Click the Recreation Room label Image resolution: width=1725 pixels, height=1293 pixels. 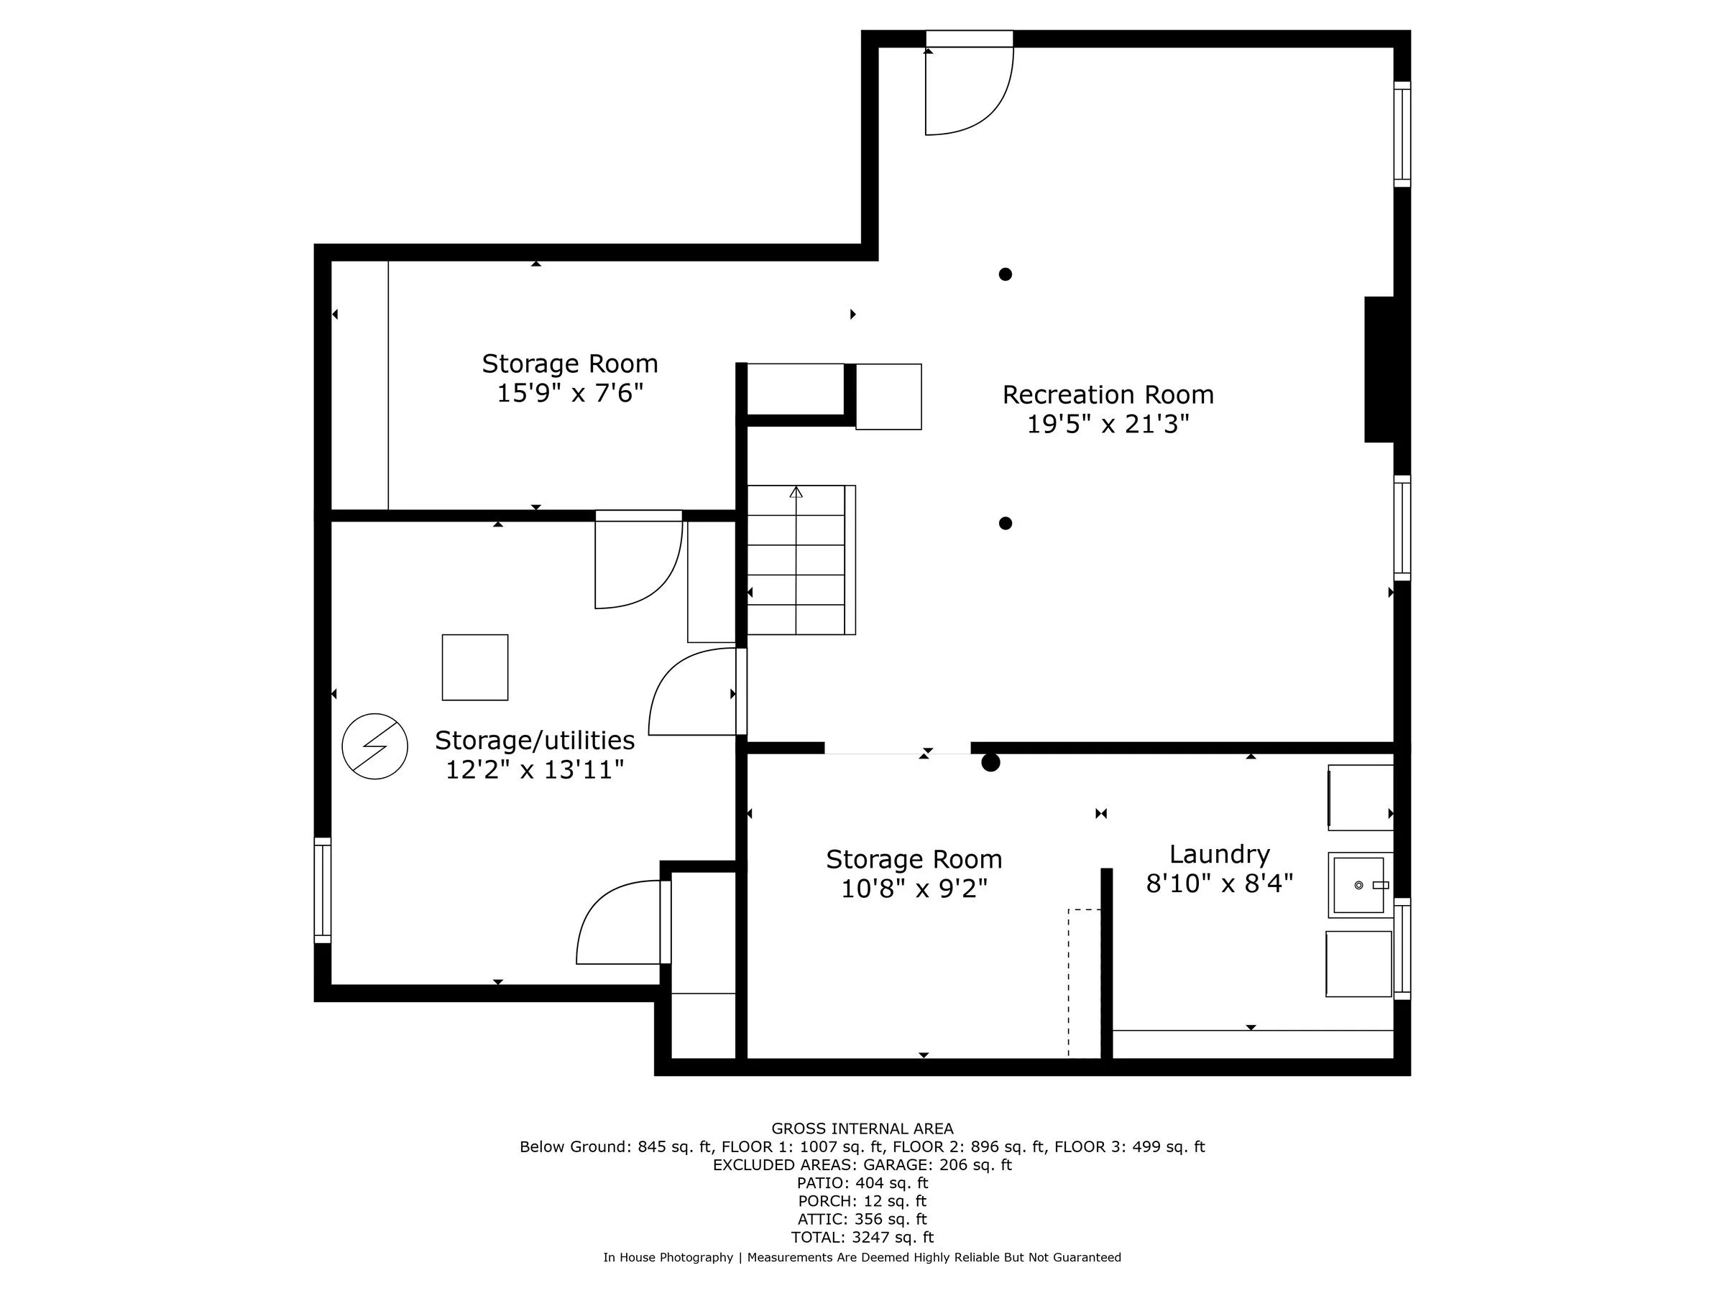pos(1108,394)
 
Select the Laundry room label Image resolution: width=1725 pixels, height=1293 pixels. pos(1219,854)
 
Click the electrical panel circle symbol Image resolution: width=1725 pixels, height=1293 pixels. pos(374,746)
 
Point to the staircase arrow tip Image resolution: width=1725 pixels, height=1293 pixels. pos(796,491)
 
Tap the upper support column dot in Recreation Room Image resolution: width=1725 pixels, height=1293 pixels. pos(1006,274)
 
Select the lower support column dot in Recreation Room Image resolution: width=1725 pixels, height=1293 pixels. pos(1006,524)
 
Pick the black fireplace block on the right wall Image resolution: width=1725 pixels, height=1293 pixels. pos(1379,369)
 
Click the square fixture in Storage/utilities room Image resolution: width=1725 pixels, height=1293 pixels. pos(475,667)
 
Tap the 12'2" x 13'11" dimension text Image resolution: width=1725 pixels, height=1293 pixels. pos(534,770)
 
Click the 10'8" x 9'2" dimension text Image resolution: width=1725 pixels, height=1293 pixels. pos(914,889)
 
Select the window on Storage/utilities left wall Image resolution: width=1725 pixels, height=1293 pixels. pos(322,890)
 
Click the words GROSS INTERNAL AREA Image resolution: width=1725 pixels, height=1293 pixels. pos(862,1129)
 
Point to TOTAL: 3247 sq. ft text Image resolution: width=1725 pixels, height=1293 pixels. pos(862,1237)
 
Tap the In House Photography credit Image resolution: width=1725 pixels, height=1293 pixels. pos(668,1257)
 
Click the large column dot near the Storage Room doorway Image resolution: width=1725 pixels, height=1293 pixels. pos(990,762)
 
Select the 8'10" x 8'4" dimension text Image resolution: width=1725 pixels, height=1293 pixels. pos(1219,884)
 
